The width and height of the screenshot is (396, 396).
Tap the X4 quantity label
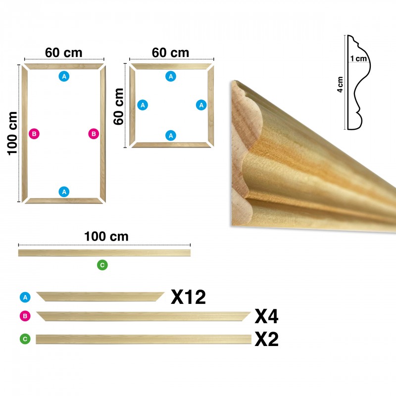[x=266, y=316]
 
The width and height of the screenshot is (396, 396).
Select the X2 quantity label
[x=266, y=339]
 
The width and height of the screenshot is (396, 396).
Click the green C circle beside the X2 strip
[x=25, y=339]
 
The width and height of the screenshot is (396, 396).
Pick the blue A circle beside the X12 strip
[x=25, y=297]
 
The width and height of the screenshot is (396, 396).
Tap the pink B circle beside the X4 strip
[x=25, y=316]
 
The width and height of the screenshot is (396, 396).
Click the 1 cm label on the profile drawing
[x=358, y=58]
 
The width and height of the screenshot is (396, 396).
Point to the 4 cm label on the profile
[x=340, y=85]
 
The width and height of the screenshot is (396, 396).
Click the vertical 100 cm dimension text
[x=12, y=133]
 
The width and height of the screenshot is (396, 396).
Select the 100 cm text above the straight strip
[x=106, y=237]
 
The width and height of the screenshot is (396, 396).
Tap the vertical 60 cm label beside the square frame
[x=118, y=106]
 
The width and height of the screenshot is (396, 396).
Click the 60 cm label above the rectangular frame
[x=64, y=53]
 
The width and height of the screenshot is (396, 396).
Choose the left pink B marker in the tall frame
[x=34, y=134]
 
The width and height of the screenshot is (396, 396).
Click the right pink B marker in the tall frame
[x=94, y=134]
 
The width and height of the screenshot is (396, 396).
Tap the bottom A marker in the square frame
[x=171, y=136]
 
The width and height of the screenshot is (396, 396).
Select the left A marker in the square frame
[x=143, y=105]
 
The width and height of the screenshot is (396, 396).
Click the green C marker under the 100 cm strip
[x=102, y=265]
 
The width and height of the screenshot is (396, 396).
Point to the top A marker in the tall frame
[x=64, y=76]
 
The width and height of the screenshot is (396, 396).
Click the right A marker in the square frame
[x=201, y=105]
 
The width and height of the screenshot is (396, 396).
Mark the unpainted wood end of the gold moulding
[x=244, y=151]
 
